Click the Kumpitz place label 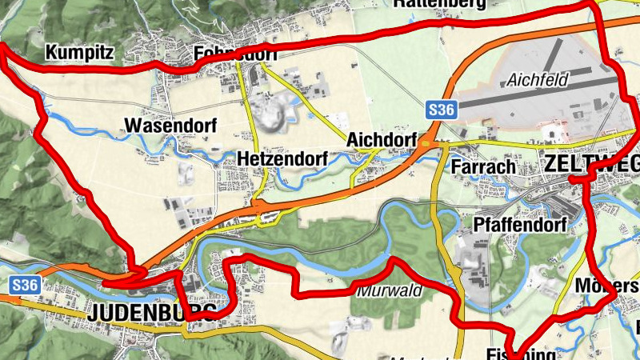pyautogui.click(x=80, y=54)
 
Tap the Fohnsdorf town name pyautogui.click(x=235, y=54)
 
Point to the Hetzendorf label pyautogui.click(x=282, y=160)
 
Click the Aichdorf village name pyautogui.click(x=382, y=140)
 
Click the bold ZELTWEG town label pyautogui.click(x=592, y=164)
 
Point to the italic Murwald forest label pyautogui.click(x=390, y=290)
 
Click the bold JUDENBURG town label pyautogui.click(x=152, y=311)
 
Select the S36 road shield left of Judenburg pyautogui.click(x=26, y=284)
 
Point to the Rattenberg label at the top pyautogui.click(x=439, y=3)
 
